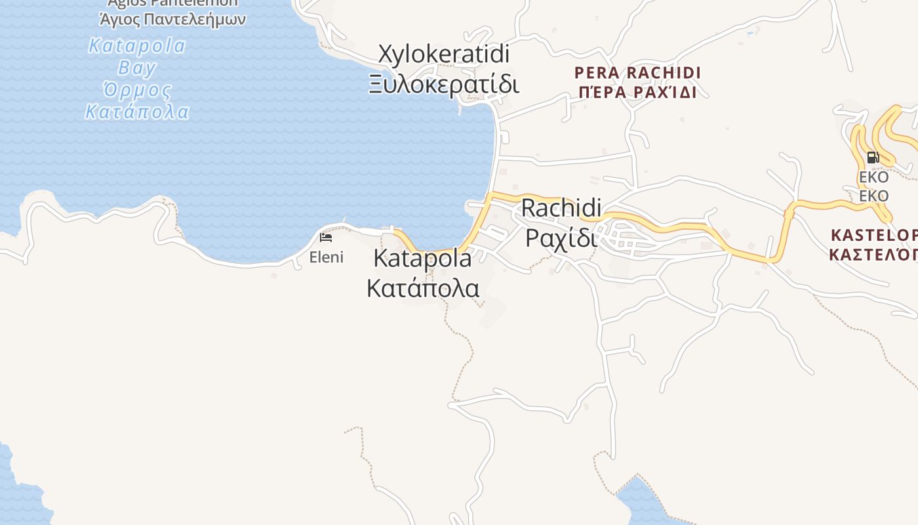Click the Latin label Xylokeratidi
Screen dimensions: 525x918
(x=444, y=54)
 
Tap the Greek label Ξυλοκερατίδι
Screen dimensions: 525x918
(x=444, y=85)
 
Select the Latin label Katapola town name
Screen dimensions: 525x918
(x=422, y=259)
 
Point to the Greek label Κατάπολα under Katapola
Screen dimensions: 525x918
(x=422, y=288)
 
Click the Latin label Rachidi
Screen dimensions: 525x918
(x=561, y=208)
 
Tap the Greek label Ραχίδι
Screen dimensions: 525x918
(x=561, y=237)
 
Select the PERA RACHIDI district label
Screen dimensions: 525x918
(x=637, y=72)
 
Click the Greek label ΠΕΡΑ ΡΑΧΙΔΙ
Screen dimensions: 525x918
(x=637, y=92)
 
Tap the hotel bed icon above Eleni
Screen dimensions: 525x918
(x=326, y=238)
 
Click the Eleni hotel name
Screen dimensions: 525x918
(x=326, y=257)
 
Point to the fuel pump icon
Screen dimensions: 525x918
(x=873, y=157)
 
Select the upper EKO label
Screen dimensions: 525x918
(x=873, y=177)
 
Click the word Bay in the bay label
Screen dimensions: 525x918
(x=137, y=68)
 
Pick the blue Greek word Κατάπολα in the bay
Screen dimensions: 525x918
(x=137, y=112)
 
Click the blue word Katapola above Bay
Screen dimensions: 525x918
(x=137, y=46)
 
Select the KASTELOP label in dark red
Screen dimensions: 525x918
(x=874, y=235)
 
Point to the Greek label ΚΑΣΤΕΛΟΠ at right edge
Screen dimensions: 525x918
(x=874, y=254)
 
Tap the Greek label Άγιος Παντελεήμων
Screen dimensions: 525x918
(x=172, y=18)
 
